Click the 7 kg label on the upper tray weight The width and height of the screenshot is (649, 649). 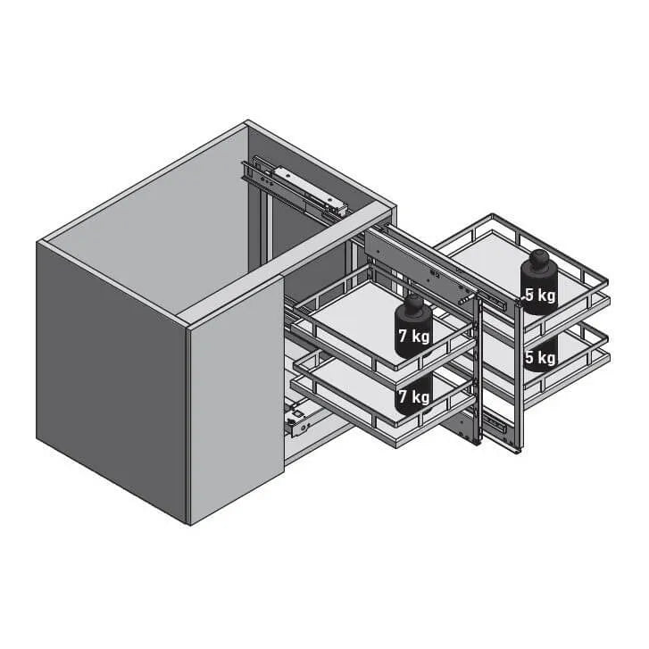(414, 336)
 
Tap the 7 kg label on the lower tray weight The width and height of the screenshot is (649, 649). (414, 396)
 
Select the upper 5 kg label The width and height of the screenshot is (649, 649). (540, 295)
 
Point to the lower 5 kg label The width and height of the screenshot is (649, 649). (540, 357)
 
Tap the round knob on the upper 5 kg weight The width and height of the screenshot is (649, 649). (539, 259)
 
